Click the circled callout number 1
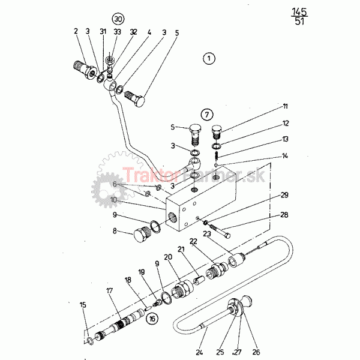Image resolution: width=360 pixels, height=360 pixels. pyautogui.click(x=208, y=58)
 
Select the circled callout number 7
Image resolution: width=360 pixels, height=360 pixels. pyautogui.click(x=206, y=113)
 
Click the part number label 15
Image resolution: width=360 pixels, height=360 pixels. pyautogui.click(x=83, y=305)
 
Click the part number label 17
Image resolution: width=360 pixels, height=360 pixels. pyautogui.click(x=109, y=290)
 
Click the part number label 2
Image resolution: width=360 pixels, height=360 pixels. pyautogui.click(x=76, y=31)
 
